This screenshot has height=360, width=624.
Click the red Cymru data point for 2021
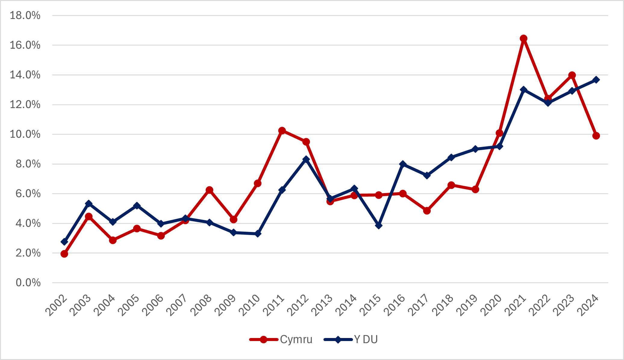[x=523, y=39]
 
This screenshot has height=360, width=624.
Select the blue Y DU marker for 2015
[x=379, y=225]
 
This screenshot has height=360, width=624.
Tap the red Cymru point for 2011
[x=282, y=131]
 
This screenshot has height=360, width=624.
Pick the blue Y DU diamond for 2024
[x=596, y=80]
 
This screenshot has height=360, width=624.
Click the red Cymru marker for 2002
[x=64, y=254]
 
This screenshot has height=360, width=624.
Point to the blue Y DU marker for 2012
[x=306, y=159]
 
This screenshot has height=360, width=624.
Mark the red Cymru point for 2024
[x=596, y=136]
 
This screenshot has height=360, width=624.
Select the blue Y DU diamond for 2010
[x=258, y=234]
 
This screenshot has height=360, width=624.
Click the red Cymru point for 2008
[x=209, y=190]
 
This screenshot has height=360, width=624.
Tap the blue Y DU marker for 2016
[x=403, y=164]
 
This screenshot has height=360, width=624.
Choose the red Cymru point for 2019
[x=475, y=189]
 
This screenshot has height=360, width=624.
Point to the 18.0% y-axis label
[x=25, y=15]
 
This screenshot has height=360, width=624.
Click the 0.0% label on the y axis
[x=28, y=283]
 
